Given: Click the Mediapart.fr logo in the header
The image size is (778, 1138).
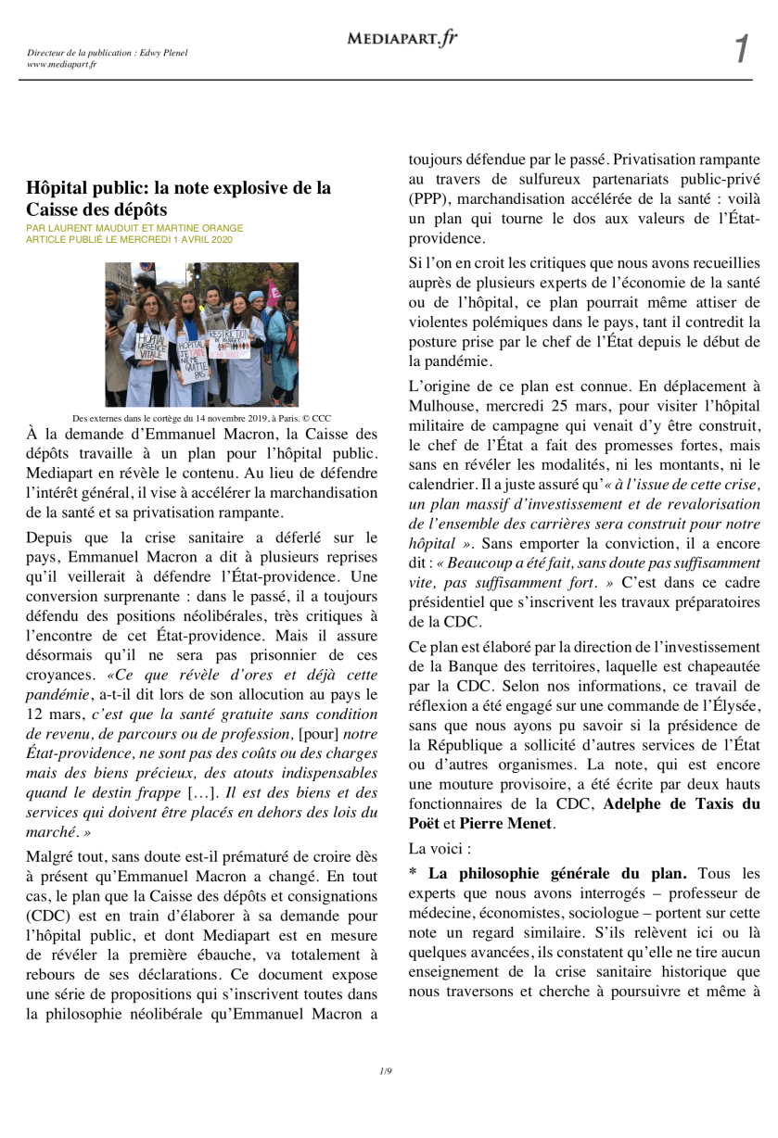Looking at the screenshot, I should click(x=402, y=38).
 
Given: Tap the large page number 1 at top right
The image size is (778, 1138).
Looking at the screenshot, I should click(x=741, y=49).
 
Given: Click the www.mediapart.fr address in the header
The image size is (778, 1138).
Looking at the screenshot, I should click(x=62, y=64).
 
